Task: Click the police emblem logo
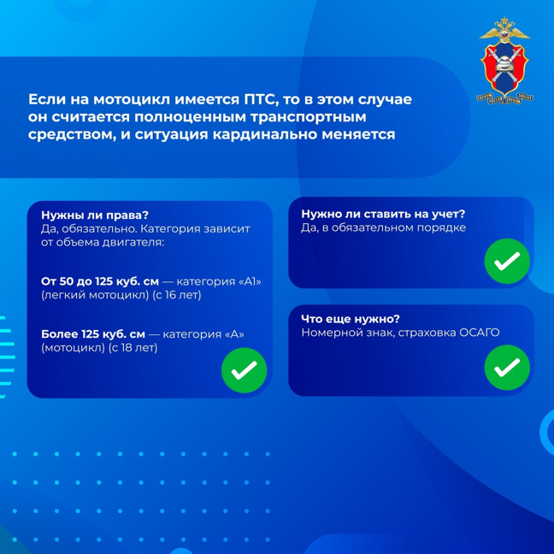(505, 61)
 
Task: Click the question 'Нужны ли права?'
(95, 215)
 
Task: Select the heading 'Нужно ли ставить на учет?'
(383, 214)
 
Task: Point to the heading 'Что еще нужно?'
(351, 319)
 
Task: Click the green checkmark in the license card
(245, 370)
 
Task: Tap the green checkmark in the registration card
(507, 261)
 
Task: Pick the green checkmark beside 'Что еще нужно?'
(507, 368)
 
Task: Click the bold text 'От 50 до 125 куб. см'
(100, 281)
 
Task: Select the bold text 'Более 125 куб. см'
(93, 334)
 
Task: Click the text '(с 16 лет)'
(177, 295)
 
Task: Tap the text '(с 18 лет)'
(133, 348)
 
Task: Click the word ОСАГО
(479, 333)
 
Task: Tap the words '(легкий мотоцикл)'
(95, 295)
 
